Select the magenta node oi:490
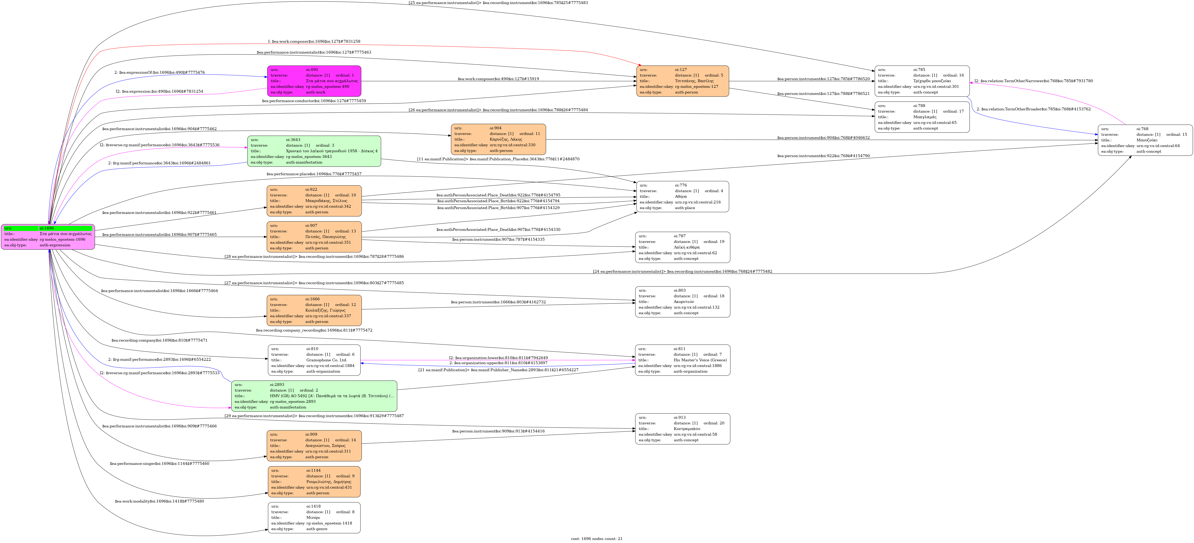pyautogui.click(x=314, y=81)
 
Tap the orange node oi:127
pyautogui.click(x=682, y=81)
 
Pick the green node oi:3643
pyautogui.click(x=314, y=151)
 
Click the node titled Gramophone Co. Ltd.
pyautogui.click(x=314, y=360)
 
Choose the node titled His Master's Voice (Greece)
pyautogui.click(x=682, y=360)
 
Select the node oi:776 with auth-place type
pyautogui.click(x=682, y=196)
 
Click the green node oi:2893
pyautogui.click(x=314, y=396)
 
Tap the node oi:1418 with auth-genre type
pyautogui.click(x=314, y=517)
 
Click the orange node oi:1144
pyautogui.click(x=314, y=482)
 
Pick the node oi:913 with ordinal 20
pyautogui.click(x=682, y=429)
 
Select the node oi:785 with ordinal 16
pyautogui.click(x=921, y=81)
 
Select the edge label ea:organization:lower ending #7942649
pyautogui.click(x=498, y=358)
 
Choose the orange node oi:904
pyautogui.click(x=498, y=139)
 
